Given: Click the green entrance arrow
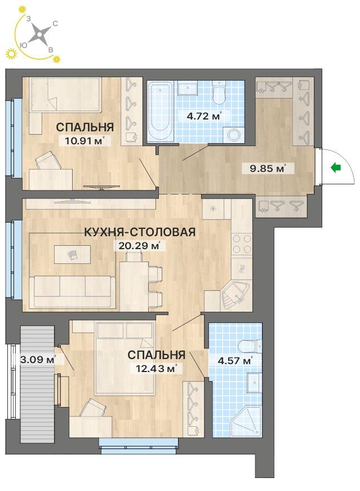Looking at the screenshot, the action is [x=336, y=168].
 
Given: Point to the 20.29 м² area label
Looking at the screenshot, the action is [x=139, y=246].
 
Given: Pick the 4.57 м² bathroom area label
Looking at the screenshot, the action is [x=235, y=360].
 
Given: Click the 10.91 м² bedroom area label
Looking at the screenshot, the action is [x=84, y=140].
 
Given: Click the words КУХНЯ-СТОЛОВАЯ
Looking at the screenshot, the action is [x=140, y=232].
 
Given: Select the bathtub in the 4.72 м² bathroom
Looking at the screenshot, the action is [x=160, y=110].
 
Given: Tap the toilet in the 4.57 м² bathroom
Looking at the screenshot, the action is [x=250, y=346].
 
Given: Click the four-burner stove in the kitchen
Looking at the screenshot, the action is [x=242, y=244].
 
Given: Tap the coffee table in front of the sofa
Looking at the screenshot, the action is [x=73, y=254].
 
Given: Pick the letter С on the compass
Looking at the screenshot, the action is [x=55, y=24].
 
